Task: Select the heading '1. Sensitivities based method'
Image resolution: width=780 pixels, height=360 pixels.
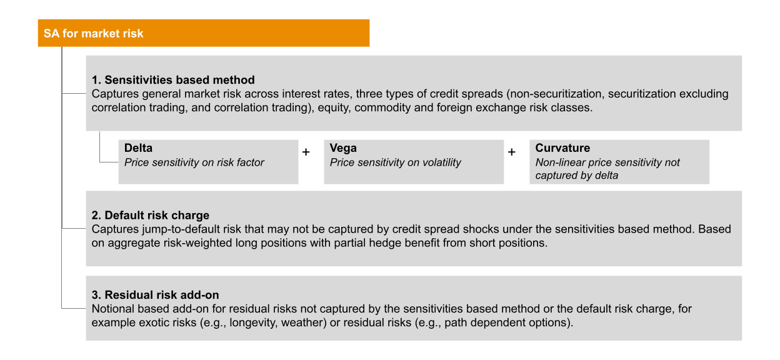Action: (173, 80)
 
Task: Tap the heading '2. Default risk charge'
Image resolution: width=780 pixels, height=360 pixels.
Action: (150, 216)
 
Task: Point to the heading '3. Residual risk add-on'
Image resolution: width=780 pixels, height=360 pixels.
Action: (155, 295)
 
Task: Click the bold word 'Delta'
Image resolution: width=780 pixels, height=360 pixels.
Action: (138, 148)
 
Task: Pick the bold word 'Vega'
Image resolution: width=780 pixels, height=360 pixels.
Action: (343, 148)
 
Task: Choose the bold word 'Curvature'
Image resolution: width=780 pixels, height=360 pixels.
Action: (562, 148)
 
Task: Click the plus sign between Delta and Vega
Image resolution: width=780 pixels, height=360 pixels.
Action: (306, 152)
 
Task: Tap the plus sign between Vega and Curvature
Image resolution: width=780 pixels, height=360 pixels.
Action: (512, 152)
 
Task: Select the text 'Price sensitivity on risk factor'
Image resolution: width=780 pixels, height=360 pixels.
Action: (194, 162)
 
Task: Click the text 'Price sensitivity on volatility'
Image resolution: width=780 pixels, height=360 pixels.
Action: (395, 162)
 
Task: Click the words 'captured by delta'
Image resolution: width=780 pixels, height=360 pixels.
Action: (576, 176)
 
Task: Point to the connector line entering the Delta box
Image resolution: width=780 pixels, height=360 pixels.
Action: (109, 162)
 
